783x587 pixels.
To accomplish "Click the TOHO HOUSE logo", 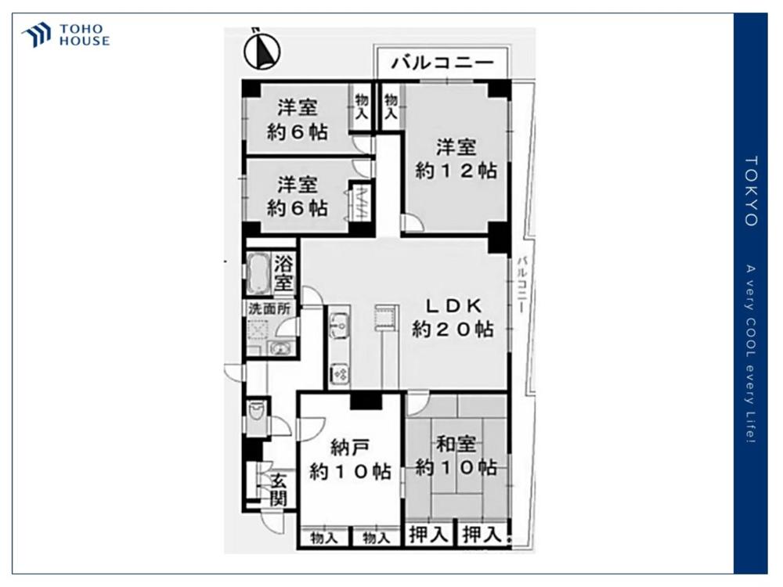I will [x=66, y=35].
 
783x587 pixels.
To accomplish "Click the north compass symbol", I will [x=262, y=50].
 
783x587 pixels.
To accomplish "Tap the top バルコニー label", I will [x=443, y=63].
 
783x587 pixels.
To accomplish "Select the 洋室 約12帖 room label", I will [x=456, y=159].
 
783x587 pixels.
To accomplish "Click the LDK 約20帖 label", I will [x=453, y=317].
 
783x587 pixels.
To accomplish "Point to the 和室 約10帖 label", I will [x=456, y=456].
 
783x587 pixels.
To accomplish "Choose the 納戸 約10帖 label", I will [x=350, y=459].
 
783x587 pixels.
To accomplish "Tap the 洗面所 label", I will [x=269, y=308].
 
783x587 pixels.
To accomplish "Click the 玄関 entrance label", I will [x=279, y=490].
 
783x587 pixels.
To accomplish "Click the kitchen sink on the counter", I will [x=339, y=323].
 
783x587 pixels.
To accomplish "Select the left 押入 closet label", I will [x=429, y=535].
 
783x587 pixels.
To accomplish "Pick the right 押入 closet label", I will [x=481, y=535].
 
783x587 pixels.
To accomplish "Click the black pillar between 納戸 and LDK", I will [x=365, y=401].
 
